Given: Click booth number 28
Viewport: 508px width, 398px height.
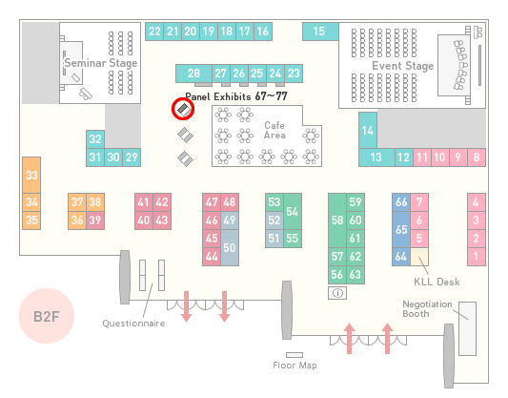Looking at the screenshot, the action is pyautogui.click(x=193, y=73).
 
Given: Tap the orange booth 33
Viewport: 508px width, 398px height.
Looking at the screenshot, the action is pyautogui.click(x=31, y=176).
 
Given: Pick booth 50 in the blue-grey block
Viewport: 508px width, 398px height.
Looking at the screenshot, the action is pyautogui.click(x=230, y=247).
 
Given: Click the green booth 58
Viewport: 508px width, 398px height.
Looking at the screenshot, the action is pyautogui.click(x=337, y=220).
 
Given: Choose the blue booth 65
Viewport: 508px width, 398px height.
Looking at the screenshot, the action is pyautogui.click(x=401, y=229).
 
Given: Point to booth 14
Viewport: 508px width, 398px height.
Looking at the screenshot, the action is pyautogui.click(x=368, y=131).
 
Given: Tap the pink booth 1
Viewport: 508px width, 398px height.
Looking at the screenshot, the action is pyautogui.click(x=477, y=257).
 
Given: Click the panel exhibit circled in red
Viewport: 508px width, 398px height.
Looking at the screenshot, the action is pyautogui.click(x=184, y=110).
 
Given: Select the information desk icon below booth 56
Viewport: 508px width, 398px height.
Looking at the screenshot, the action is pyautogui.click(x=337, y=293).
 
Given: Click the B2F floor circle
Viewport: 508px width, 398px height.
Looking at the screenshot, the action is pyautogui.click(x=47, y=316).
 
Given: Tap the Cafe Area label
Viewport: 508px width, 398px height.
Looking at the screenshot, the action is pyautogui.click(x=274, y=130).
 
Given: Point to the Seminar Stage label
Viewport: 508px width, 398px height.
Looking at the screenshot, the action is pyautogui.click(x=101, y=63).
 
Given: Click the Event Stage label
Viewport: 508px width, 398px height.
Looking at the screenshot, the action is pyautogui.click(x=403, y=66).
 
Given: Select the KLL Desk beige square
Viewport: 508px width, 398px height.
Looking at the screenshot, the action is pyautogui.click(x=419, y=257).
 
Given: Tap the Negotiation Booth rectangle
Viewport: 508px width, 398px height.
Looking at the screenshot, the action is pyautogui.click(x=468, y=328).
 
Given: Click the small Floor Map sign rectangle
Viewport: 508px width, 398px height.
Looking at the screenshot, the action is pyautogui.click(x=295, y=355).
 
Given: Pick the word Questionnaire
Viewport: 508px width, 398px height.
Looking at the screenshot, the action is pyautogui.click(x=133, y=324).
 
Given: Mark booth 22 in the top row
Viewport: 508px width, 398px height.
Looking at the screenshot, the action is pyautogui.click(x=154, y=31).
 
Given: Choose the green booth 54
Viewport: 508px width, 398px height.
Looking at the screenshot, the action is pyautogui.click(x=293, y=212).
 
